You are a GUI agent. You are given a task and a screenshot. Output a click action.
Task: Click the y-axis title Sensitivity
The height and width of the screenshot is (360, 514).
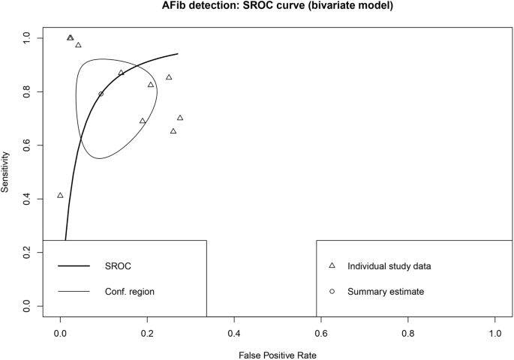tap(6, 172)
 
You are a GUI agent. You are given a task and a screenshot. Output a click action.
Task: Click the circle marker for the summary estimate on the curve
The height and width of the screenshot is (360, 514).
tap(101, 94)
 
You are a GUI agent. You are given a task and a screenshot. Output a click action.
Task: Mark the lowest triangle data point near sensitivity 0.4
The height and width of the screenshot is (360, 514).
tap(60, 196)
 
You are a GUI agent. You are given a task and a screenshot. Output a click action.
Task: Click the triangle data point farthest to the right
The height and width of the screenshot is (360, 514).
tap(180, 118)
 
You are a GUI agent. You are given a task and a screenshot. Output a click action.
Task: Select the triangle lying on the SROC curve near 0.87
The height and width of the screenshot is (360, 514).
tap(121, 73)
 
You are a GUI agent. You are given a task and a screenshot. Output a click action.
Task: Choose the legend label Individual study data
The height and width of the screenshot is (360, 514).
tap(389, 266)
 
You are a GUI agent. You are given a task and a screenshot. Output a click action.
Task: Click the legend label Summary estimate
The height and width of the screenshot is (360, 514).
tap(383, 291)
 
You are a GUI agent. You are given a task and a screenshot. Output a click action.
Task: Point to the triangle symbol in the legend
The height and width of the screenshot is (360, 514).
tap(332, 266)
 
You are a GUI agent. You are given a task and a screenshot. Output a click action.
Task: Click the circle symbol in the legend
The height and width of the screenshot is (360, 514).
tap(332, 291)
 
